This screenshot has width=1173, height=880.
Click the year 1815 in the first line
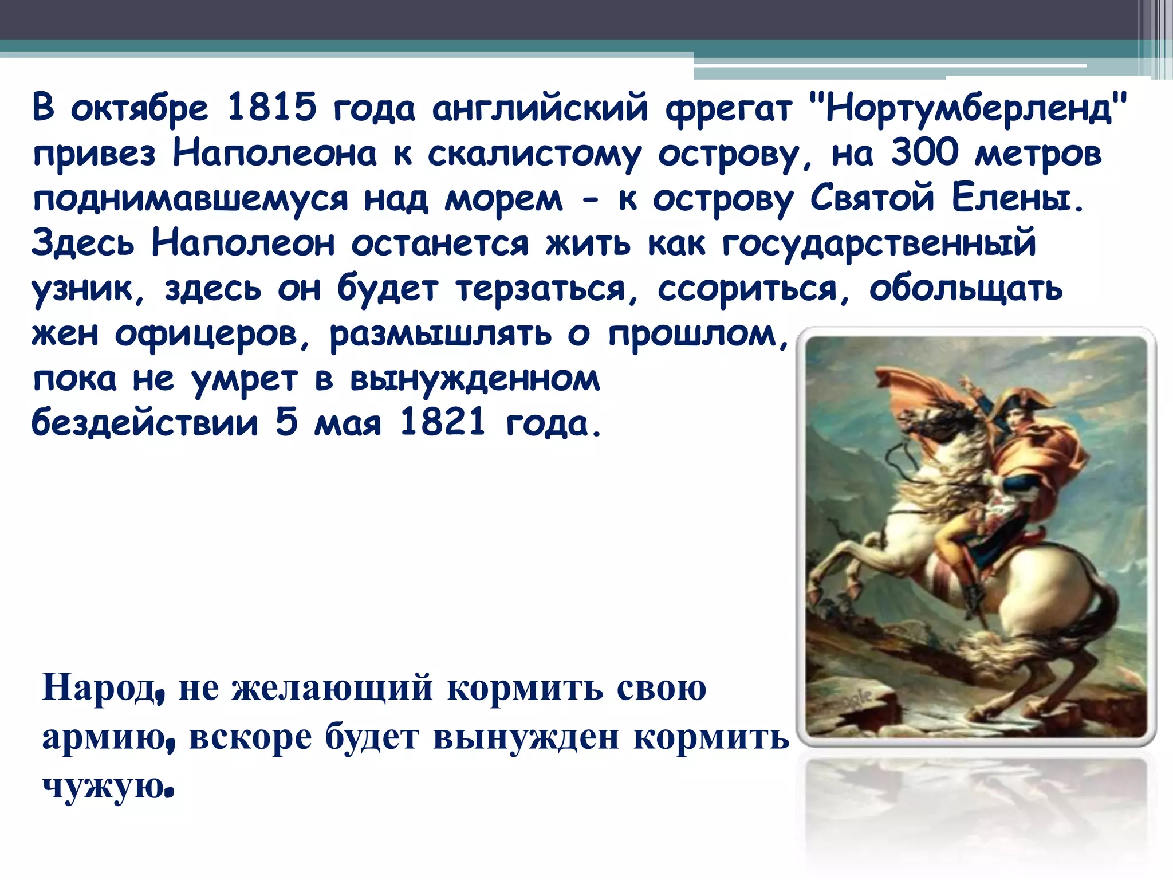[271, 108]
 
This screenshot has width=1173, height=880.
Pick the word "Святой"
[872, 198]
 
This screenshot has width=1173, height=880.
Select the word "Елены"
[1017, 198]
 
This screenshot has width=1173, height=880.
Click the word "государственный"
[879, 244]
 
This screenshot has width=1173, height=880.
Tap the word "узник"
[81, 289]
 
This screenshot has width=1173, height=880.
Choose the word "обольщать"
[966, 289]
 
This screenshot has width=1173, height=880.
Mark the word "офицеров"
[206, 335]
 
